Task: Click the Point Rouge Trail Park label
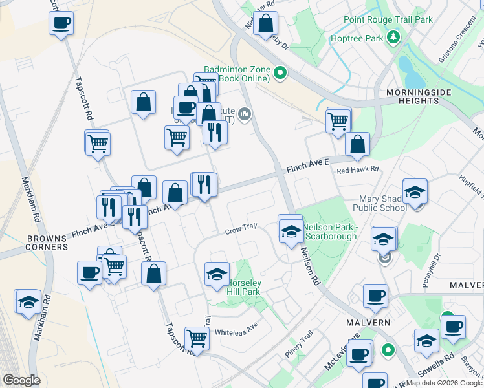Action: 388,20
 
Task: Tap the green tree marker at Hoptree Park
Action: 393,39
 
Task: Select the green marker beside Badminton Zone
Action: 280,74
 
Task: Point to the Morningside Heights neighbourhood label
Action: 418,97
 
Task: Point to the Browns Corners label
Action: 47,242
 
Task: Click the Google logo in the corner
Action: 21,380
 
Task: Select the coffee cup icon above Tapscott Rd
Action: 61,24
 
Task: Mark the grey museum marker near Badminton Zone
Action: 244,115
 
